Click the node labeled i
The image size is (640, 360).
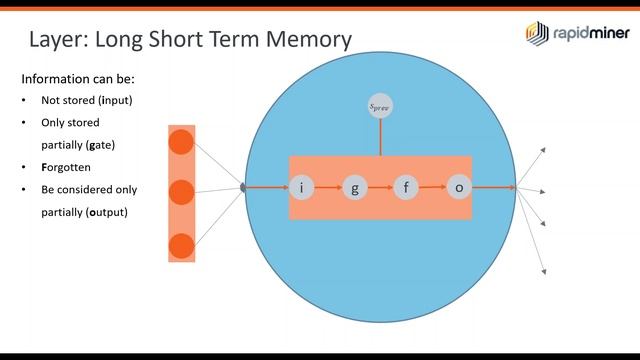(302, 187)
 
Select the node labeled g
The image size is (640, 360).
(355, 187)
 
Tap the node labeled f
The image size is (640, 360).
(406, 187)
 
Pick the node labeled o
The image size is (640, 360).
(459, 187)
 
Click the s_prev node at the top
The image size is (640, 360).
(380, 105)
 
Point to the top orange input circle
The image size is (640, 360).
(181, 142)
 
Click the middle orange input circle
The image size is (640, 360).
(181, 192)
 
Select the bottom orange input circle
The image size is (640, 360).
(181, 243)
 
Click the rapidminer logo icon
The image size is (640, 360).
(536, 33)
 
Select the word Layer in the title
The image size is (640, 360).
(61, 40)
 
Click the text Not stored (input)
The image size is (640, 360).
(86, 100)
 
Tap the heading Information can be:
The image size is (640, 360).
(78, 78)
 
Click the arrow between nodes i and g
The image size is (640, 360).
(328, 187)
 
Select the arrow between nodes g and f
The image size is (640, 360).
(380, 187)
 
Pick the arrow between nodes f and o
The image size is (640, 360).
(432, 187)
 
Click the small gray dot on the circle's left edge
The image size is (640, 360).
(243, 186)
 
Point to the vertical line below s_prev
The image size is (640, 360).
(380, 138)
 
